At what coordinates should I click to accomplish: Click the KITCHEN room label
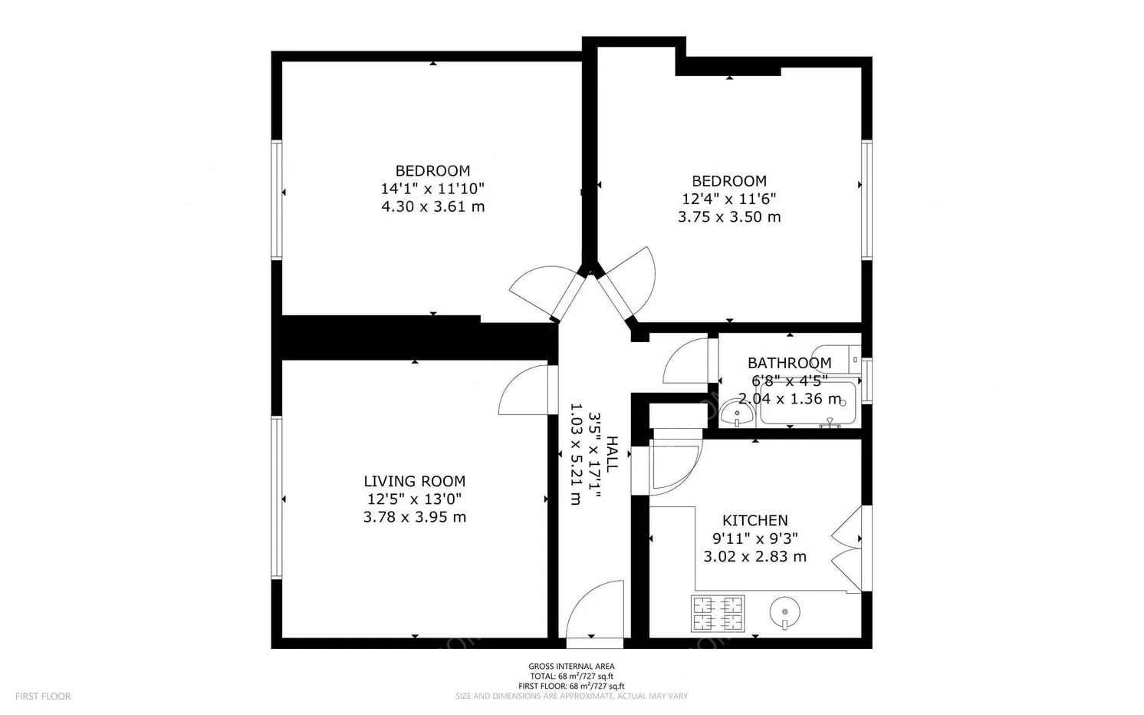[x=754, y=521]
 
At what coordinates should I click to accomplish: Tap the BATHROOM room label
[x=789, y=363]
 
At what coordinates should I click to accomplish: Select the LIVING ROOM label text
[x=414, y=482]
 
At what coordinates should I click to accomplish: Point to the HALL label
[x=612, y=453]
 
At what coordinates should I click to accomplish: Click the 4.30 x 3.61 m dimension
[x=432, y=206]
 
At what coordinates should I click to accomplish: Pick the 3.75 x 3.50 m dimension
[x=728, y=217]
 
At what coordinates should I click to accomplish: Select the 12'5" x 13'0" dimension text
[x=414, y=499]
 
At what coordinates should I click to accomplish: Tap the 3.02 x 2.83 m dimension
[x=754, y=557]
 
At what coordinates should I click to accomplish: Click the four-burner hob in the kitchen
[x=718, y=613]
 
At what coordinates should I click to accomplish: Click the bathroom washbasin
[x=737, y=416]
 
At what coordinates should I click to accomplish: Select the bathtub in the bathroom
[x=807, y=405]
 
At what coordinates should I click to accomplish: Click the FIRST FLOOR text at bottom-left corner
[x=43, y=697]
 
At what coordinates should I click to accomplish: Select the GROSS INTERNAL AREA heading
[x=571, y=666]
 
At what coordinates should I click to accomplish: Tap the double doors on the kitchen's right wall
[x=850, y=548]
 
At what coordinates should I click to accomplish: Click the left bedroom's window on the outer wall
[x=277, y=199]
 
